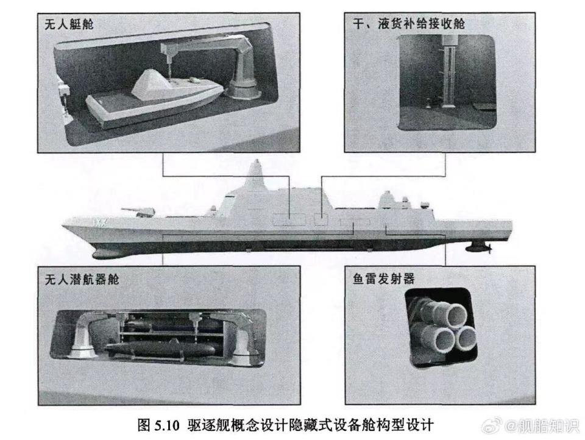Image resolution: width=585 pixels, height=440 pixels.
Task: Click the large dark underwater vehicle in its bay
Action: pos(160,350)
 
